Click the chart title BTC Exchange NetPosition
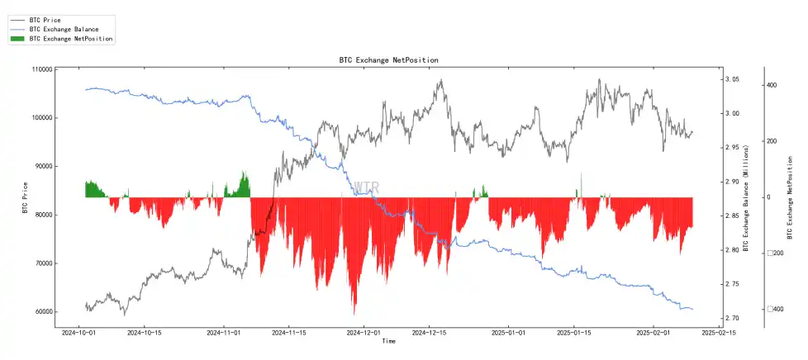388,60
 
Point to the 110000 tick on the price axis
40,69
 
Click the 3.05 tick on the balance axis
732,79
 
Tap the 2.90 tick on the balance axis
732,182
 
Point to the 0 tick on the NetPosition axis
769,197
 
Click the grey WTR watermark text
366,187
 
